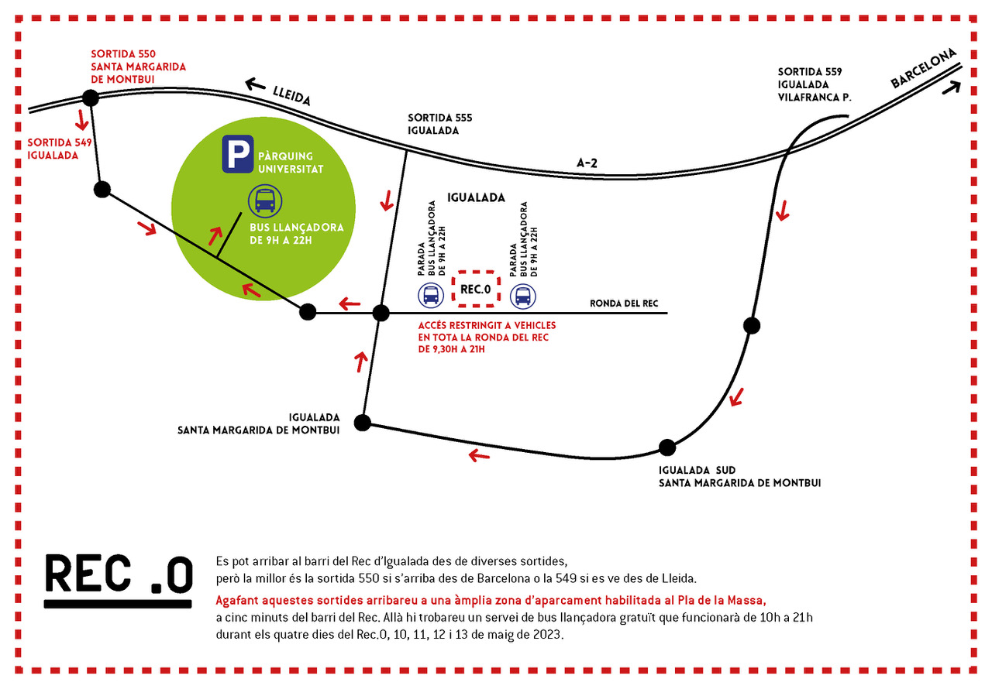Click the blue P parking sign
(x=238, y=154)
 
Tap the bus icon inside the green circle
(x=265, y=201)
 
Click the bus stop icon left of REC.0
(x=431, y=296)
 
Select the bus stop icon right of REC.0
(x=523, y=296)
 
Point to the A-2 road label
(x=587, y=163)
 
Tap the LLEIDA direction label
(x=291, y=96)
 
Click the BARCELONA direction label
(x=923, y=68)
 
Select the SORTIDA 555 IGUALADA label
(x=439, y=125)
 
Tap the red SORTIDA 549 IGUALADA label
(x=60, y=149)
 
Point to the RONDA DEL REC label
(x=624, y=303)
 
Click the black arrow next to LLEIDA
(x=256, y=84)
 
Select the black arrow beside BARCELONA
(x=951, y=87)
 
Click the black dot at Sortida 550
(x=91, y=98)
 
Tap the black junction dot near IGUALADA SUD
(x=667, y=447)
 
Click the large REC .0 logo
(x=119, y=581)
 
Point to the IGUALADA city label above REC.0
(x=476, y=197)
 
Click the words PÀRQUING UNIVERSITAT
(x=291, y=163)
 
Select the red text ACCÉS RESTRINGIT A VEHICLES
(x=487, y=325)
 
